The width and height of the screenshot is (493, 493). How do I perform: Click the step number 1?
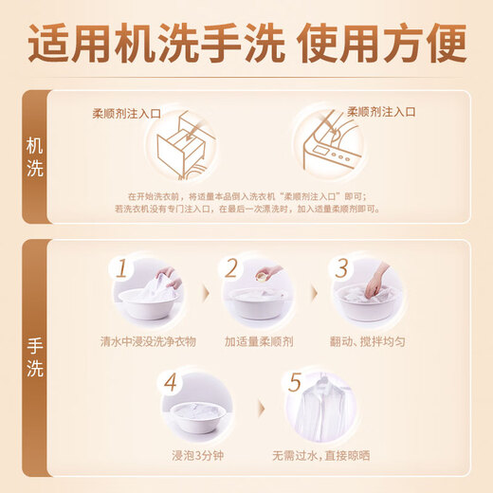coord(119,270)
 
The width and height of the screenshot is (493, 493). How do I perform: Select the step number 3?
coord(343,268)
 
